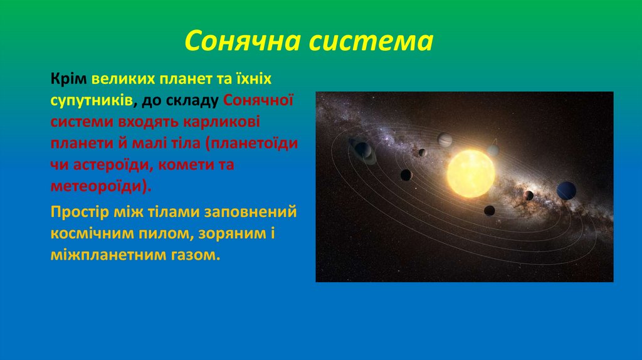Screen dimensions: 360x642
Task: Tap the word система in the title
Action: (x=381, y=41)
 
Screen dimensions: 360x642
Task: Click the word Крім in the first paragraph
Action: (x=69, y=80)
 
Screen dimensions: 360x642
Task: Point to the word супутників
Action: (x=91, y=100)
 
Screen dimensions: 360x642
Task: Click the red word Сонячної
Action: (x=258, y=100)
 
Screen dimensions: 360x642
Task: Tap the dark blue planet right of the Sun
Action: (x=566, y=190)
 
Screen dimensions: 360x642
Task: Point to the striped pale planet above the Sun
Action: (x=445, y=139)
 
